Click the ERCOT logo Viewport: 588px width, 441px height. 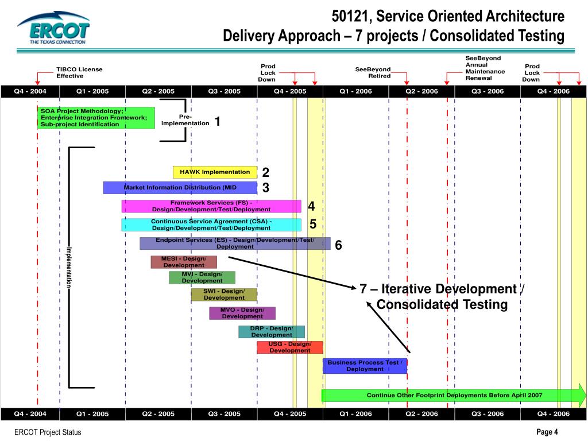[53, 29]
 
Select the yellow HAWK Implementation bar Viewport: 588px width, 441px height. [215, 172]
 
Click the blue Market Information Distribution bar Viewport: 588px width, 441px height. [180, 188]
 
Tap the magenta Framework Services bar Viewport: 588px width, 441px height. [211, 206]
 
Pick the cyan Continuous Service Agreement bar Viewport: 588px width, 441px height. [211, 225]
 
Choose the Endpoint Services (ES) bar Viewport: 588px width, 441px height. [235, 243]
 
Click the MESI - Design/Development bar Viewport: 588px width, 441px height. [184, 262]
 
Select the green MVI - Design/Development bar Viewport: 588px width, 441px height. [202, 277]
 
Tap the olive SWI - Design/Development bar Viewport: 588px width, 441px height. [224, 295]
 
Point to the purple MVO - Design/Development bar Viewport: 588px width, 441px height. [242, 313]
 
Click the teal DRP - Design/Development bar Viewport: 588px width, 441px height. [272, 332]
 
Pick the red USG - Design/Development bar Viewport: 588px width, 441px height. [290, 347]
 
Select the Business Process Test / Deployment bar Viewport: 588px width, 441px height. [365, 366]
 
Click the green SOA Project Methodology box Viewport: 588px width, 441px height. [96, 118]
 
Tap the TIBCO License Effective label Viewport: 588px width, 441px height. [79, 72]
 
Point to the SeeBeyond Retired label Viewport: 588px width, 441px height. [373, 72]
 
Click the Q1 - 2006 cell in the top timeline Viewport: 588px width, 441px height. [355, 91]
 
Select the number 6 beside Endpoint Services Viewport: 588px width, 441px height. [339, 245]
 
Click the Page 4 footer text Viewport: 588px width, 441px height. [547, 432]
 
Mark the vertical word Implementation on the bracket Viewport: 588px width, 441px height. [68, 267]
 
